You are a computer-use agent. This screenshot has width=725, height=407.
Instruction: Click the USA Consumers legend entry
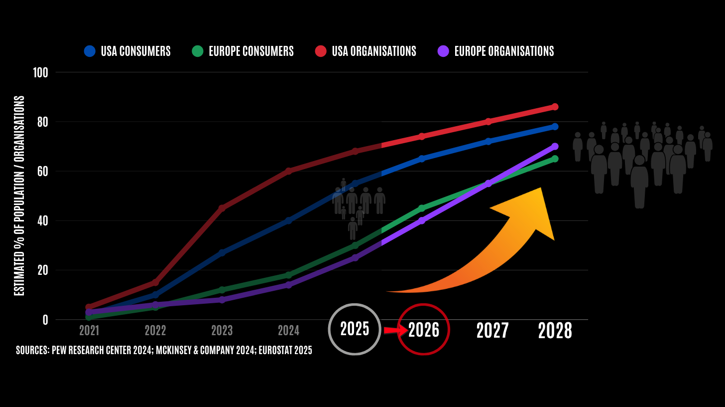pos(127,51)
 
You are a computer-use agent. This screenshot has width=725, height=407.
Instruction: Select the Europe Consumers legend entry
pos(243,51)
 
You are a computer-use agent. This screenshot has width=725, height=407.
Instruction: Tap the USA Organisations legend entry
pos(365,51)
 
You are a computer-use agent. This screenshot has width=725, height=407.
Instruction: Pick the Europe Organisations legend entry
pos(496,51)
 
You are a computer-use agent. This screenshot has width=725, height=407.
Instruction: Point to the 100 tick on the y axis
pos(40,72)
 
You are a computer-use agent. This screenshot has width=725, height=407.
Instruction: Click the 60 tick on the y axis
pos(42,171)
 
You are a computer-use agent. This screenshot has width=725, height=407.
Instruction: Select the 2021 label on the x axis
pos(89,330)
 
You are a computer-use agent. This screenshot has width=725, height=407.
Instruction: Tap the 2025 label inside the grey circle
pos(355,329)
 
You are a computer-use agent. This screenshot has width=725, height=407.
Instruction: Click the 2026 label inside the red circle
pos(424,330)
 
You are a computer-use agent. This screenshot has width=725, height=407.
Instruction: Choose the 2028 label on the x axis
pos(555,331)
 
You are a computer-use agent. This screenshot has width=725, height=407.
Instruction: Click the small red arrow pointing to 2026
pos(394,330)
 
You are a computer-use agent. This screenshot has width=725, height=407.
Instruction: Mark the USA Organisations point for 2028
pos(555,107)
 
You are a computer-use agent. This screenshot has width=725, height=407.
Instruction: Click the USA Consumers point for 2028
pos(555,127)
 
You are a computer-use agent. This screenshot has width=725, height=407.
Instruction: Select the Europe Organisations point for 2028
pos(555,147)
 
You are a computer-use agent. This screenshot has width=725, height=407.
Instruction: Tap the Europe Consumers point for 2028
pos(555,159)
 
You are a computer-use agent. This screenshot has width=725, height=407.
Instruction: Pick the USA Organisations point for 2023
pos(222,208)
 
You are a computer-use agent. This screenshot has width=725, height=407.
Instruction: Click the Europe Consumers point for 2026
pos(422,208)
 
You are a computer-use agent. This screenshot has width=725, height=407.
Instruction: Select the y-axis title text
pos(19,196)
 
